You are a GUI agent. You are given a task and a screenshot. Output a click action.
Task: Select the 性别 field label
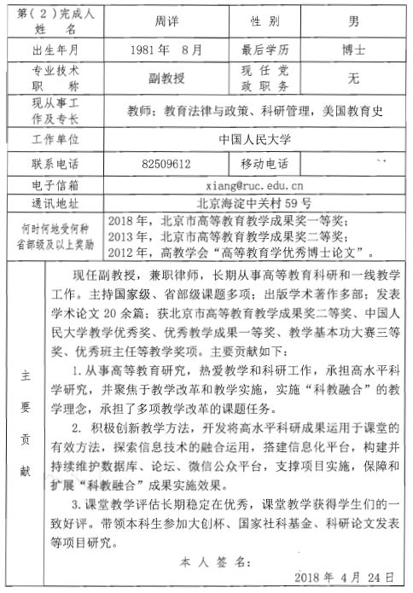click(262, 20)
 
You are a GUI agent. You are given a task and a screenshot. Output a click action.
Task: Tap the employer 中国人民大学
click(253, 138)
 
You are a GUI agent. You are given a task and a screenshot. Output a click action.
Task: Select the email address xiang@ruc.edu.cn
click(254, 183)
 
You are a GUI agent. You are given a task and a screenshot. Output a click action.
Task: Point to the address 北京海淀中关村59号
click(254, 203)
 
